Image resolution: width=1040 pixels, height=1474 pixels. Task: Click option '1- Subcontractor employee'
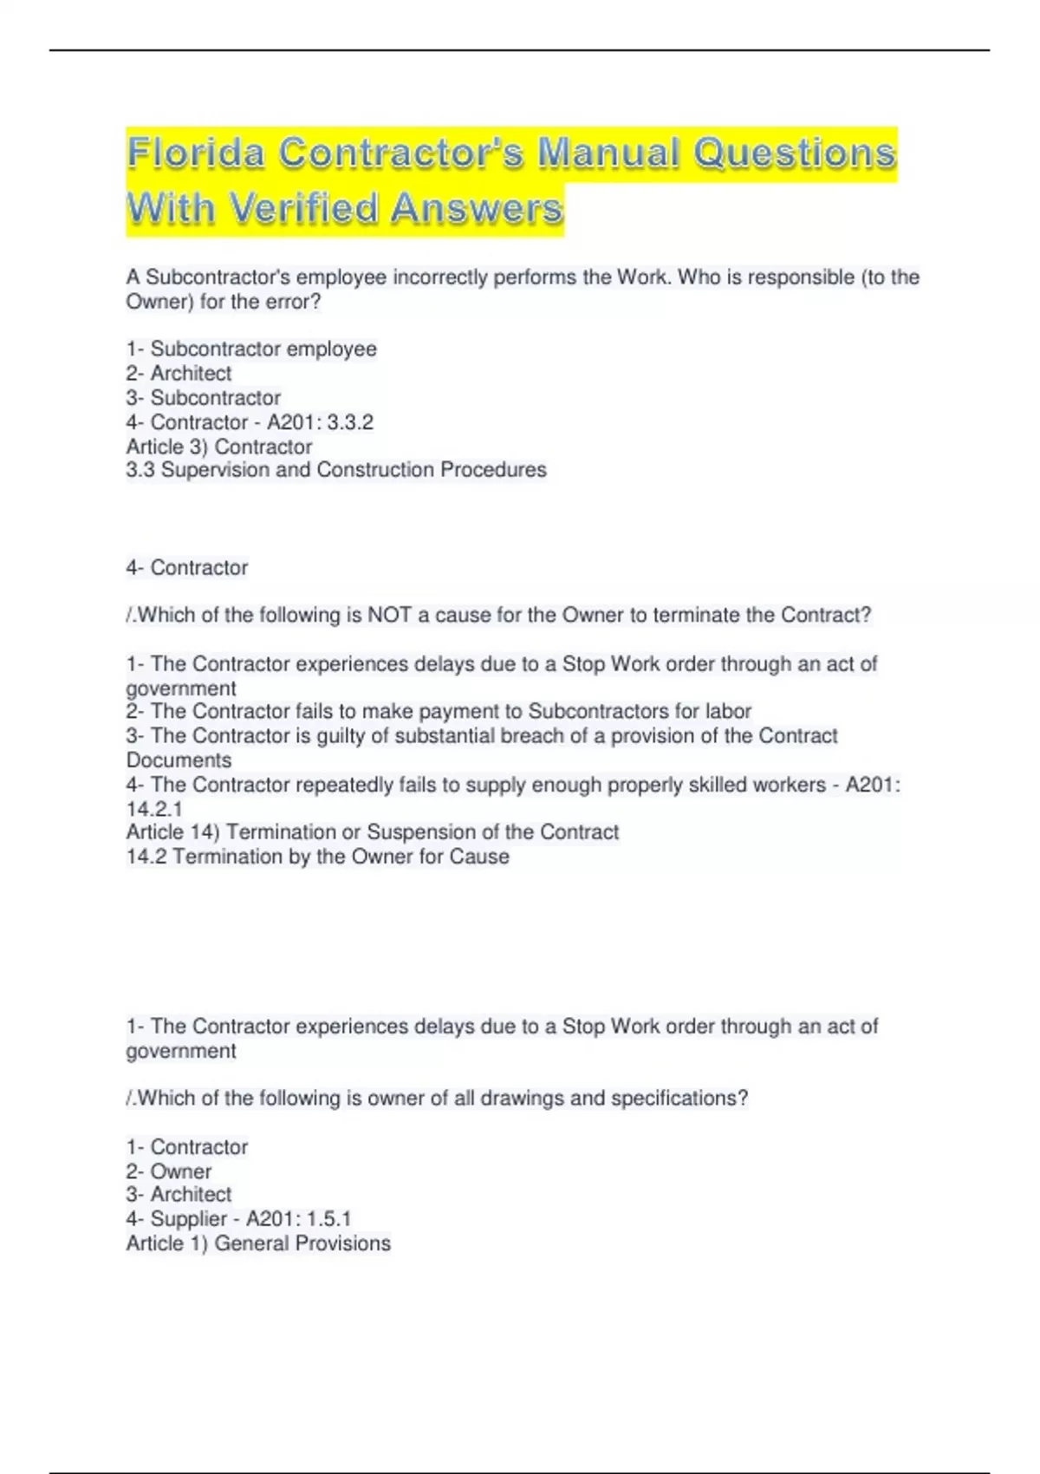click(x=251, y=349)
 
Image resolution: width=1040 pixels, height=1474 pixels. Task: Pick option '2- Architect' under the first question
click(x=179, y=374)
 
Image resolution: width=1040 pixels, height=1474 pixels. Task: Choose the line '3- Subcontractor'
click(x=203, y=398)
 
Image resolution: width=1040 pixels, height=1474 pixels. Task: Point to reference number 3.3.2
click(x=350, y=422)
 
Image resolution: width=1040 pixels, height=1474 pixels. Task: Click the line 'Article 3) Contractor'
click(x=219, y=447)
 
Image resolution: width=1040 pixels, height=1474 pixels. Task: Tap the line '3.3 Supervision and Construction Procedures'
click(x=336, y=470)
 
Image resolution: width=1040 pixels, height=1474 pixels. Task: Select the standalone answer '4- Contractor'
click(x=187, y=568)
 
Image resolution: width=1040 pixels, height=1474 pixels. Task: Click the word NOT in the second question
click(x=389, y=616)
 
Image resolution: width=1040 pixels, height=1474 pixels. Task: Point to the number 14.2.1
click(x=154, y=809)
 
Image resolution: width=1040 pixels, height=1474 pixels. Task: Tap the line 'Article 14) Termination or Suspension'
click(x=373, y=832)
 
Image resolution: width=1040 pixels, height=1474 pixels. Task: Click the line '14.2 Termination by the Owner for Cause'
click(x=317, y=857)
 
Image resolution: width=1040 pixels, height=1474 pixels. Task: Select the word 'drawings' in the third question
click(x=523, y=1099)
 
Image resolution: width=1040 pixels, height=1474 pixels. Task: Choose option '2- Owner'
click(x=169, y=1171)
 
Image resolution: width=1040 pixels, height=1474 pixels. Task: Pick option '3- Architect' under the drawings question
click(x=179, y=1195)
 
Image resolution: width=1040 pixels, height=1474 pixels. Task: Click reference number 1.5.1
click(x=328, y=1219)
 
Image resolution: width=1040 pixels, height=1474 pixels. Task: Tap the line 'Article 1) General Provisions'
click(x=258, y=1243)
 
